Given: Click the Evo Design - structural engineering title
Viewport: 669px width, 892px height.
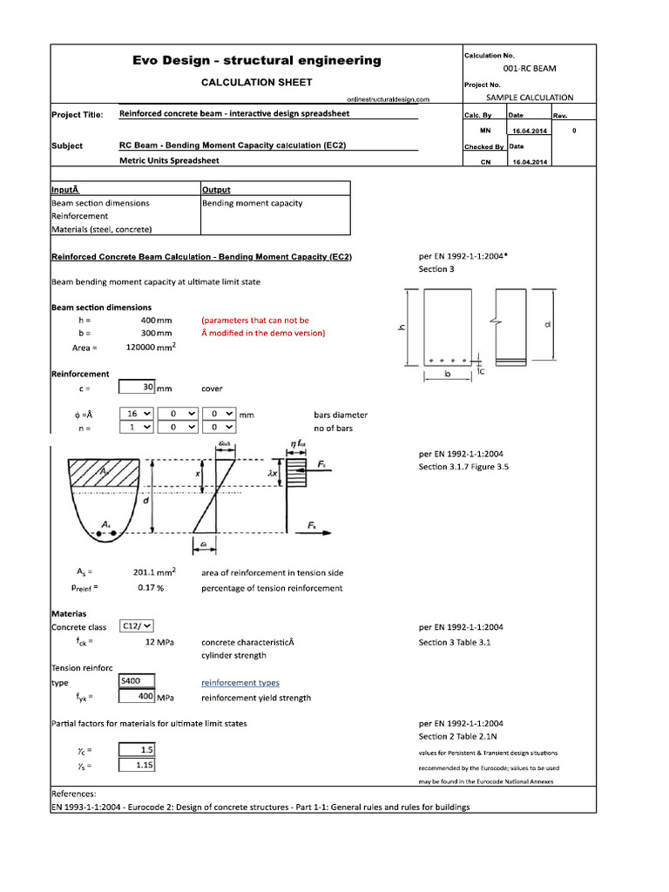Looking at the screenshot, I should pyautogui.click(x=256, y=60).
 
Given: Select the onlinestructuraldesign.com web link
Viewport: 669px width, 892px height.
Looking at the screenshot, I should pyautogui.click(x=388, y=100).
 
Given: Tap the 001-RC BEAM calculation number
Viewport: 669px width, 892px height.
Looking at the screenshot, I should pyautogui.click(x=530, y=68).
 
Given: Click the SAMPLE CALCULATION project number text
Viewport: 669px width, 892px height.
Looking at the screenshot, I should pyautogui.click(x=530, y=98).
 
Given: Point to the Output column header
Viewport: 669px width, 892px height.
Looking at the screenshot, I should pyautogui.click(x=216, y=189).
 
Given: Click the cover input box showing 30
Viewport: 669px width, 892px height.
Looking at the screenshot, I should pyautogui.click(x=136, y=389).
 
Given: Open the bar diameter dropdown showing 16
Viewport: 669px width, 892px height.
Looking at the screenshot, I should pyautogui.click(x=136, y=415).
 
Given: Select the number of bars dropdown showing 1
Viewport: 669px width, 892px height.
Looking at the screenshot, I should pyautogui.click(x=136, y=428).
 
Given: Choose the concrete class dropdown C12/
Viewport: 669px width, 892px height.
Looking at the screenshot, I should pyautogui.click(x=136, y=626).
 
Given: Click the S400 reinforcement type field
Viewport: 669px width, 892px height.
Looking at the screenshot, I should pyautogui.click(x=136, y=681).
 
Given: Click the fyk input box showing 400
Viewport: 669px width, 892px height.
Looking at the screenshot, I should pyautogui.click(x=136, y=697).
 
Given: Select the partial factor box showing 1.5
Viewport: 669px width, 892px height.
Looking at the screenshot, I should pyautogui.click(x=136, y=749).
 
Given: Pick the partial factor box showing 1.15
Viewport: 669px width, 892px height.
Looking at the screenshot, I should pyautogui.click(x=136, y=765).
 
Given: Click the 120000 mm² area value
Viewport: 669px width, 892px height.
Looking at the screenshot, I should pyautogui.click(x=152, y=348).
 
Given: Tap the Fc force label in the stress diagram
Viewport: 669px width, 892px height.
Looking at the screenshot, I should pyautogui.click(x=334, y=466).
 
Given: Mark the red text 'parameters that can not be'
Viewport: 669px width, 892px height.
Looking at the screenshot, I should pyautogui.click(x=255, y=321).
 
